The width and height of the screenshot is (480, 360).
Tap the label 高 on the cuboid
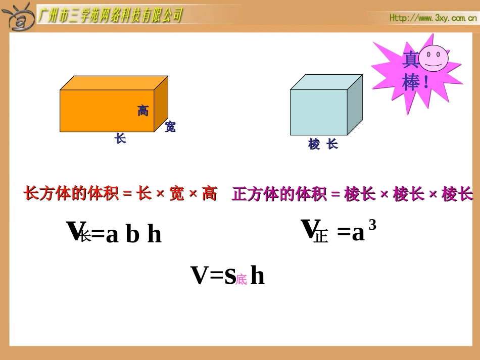coord(143,111)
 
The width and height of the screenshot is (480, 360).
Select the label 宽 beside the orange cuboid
coord(170,127)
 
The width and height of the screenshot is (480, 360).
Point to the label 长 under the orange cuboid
coord(120,138)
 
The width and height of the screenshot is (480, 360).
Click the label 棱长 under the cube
coord(323,144)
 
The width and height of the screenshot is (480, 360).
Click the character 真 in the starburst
coord(410,61)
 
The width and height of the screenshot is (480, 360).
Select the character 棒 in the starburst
coord(411,82)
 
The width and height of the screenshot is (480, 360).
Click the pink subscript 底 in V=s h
coord(241,280)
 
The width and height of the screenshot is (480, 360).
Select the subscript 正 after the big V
coord(320,236)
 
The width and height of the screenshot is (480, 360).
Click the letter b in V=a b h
coord(132,235)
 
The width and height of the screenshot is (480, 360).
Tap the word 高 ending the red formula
coord(209,193)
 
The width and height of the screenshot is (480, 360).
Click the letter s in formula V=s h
coord(229,275)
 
